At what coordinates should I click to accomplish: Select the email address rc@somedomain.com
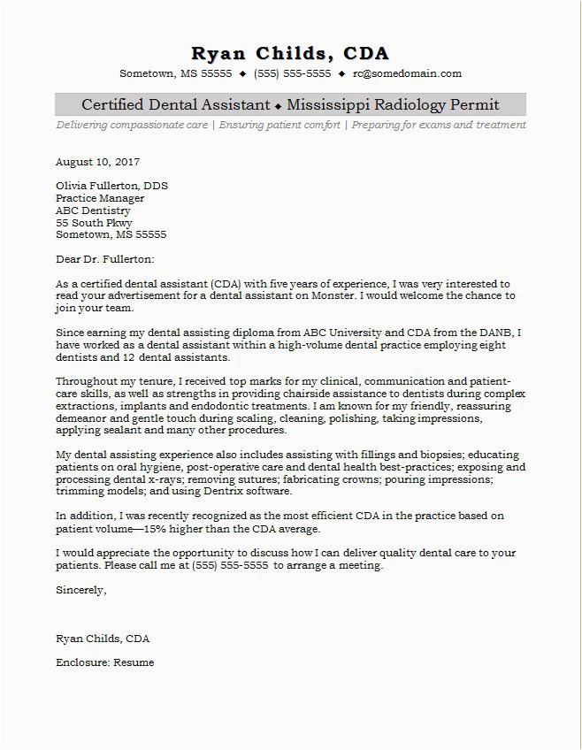[407, 73]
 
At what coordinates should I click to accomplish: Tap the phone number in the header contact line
[293, 73]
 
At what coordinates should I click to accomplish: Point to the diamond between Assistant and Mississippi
[278, 106]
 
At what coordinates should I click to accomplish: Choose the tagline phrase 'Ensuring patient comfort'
[280, 125]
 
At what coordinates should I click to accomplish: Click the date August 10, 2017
[97, 162]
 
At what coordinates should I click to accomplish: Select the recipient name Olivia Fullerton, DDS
[111, 187]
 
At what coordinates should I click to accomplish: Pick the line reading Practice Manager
[99, 199]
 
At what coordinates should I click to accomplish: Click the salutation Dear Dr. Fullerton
[104, 259]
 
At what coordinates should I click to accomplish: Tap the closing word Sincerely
[80, 589]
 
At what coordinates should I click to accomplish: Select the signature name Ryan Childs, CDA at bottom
[102, 638]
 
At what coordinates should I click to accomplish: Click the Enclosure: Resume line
[104, 662]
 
